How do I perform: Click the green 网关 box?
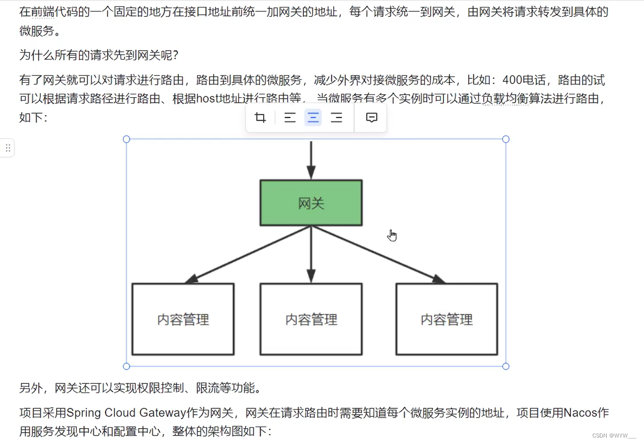coord(311,203)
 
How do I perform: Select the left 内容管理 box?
coord(183,319)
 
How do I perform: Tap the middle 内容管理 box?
coord(311,319)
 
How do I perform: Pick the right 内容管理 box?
coord(446,319)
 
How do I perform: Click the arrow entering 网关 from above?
coord(311,159)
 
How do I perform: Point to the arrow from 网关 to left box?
coord(248,254)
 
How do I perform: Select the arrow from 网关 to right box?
coord(377,254)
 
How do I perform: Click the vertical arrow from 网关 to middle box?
coord(311,253)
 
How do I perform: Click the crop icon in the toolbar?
coord(260,118)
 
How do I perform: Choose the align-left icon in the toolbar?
coord(290,118)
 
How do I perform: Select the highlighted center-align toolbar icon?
coord(313,118)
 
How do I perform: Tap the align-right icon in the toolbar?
coord(337,118)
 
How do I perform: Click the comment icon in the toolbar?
coord(371,118)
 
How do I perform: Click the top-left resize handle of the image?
coord(127,139)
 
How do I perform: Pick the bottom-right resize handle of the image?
coord(506,366)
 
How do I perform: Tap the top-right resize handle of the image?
coord(506,139)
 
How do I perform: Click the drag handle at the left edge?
coord(7,148)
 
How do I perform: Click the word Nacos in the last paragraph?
coord(580,413)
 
